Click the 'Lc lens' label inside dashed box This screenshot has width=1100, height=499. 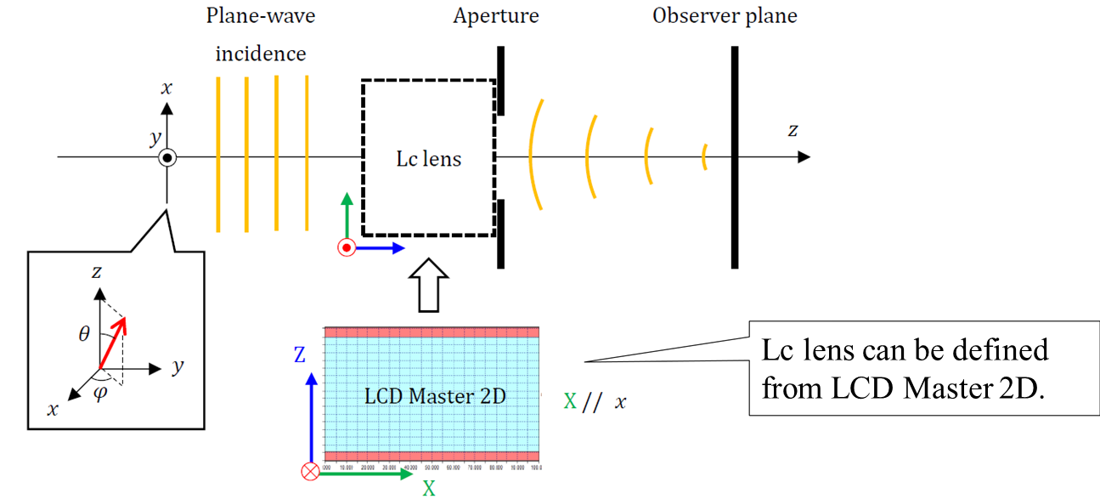click(x=428, y=159)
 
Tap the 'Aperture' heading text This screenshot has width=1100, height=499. click(x=495, y=16)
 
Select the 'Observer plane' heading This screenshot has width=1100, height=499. click(x=724, y=16)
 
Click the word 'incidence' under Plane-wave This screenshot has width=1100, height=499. click(x=260, y=54)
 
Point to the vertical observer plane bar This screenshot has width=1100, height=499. click(x=735, y=157)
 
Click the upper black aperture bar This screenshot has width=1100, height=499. click(x=501, y=81)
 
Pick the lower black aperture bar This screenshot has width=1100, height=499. click(x=501, y=234)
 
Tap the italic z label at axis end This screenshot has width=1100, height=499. click(x=793, y=130)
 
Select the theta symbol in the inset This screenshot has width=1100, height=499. click(x=83, y=334)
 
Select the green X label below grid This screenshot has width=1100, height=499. click(x=429, y=488)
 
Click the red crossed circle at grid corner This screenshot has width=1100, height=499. click(x=311, y=470)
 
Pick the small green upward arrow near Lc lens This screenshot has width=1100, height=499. click(x=347, y=217)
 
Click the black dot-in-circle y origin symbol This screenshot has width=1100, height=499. click(x=167, y=157)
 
